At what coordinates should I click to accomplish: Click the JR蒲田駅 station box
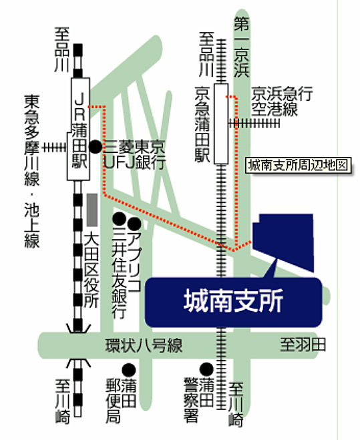[x=78, y=129]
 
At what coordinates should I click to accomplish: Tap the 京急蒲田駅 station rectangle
[x=221, y=124]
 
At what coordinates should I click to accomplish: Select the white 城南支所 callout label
[x=234, y=302]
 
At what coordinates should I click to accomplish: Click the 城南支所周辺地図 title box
[x=299, y=165]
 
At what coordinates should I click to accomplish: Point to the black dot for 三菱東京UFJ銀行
[x=96, y=147]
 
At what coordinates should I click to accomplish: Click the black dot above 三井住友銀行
[x=120, y=219]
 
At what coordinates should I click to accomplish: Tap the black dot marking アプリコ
[x=134, y=224]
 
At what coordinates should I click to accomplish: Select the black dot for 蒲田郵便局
[x=129, y=371]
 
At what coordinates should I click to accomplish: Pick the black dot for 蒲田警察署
[x=206, y=369]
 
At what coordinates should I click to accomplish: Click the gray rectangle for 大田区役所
[x=92, y=210]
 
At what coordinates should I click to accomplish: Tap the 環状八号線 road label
[x=144, y=345]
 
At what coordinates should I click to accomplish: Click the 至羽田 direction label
[x=303, y=345]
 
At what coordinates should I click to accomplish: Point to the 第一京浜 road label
[x=242, y=47]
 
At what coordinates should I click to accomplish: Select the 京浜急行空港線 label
[x=282, y=101]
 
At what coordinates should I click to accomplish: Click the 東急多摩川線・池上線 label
[x=32, y=172]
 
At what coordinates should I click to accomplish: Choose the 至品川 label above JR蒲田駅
[x=62, y=49]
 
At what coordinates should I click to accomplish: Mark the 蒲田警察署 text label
[x=199, y=399]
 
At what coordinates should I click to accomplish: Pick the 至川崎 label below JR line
[x=62, y=401]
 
